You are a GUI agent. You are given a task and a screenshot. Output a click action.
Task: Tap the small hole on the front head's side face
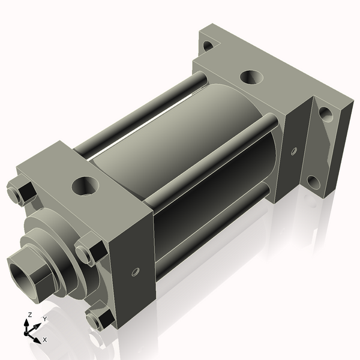tap(134, 272)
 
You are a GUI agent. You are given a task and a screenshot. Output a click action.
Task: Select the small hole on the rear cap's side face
tap(293, 151)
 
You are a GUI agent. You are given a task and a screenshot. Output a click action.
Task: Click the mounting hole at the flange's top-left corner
tap(208, 45)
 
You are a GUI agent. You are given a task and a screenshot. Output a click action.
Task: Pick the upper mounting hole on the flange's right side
tap(325, 113)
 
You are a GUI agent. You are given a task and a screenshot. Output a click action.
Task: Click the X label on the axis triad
tap(44, 340)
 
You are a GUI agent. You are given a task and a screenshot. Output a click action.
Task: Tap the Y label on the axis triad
tap(45, 319)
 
